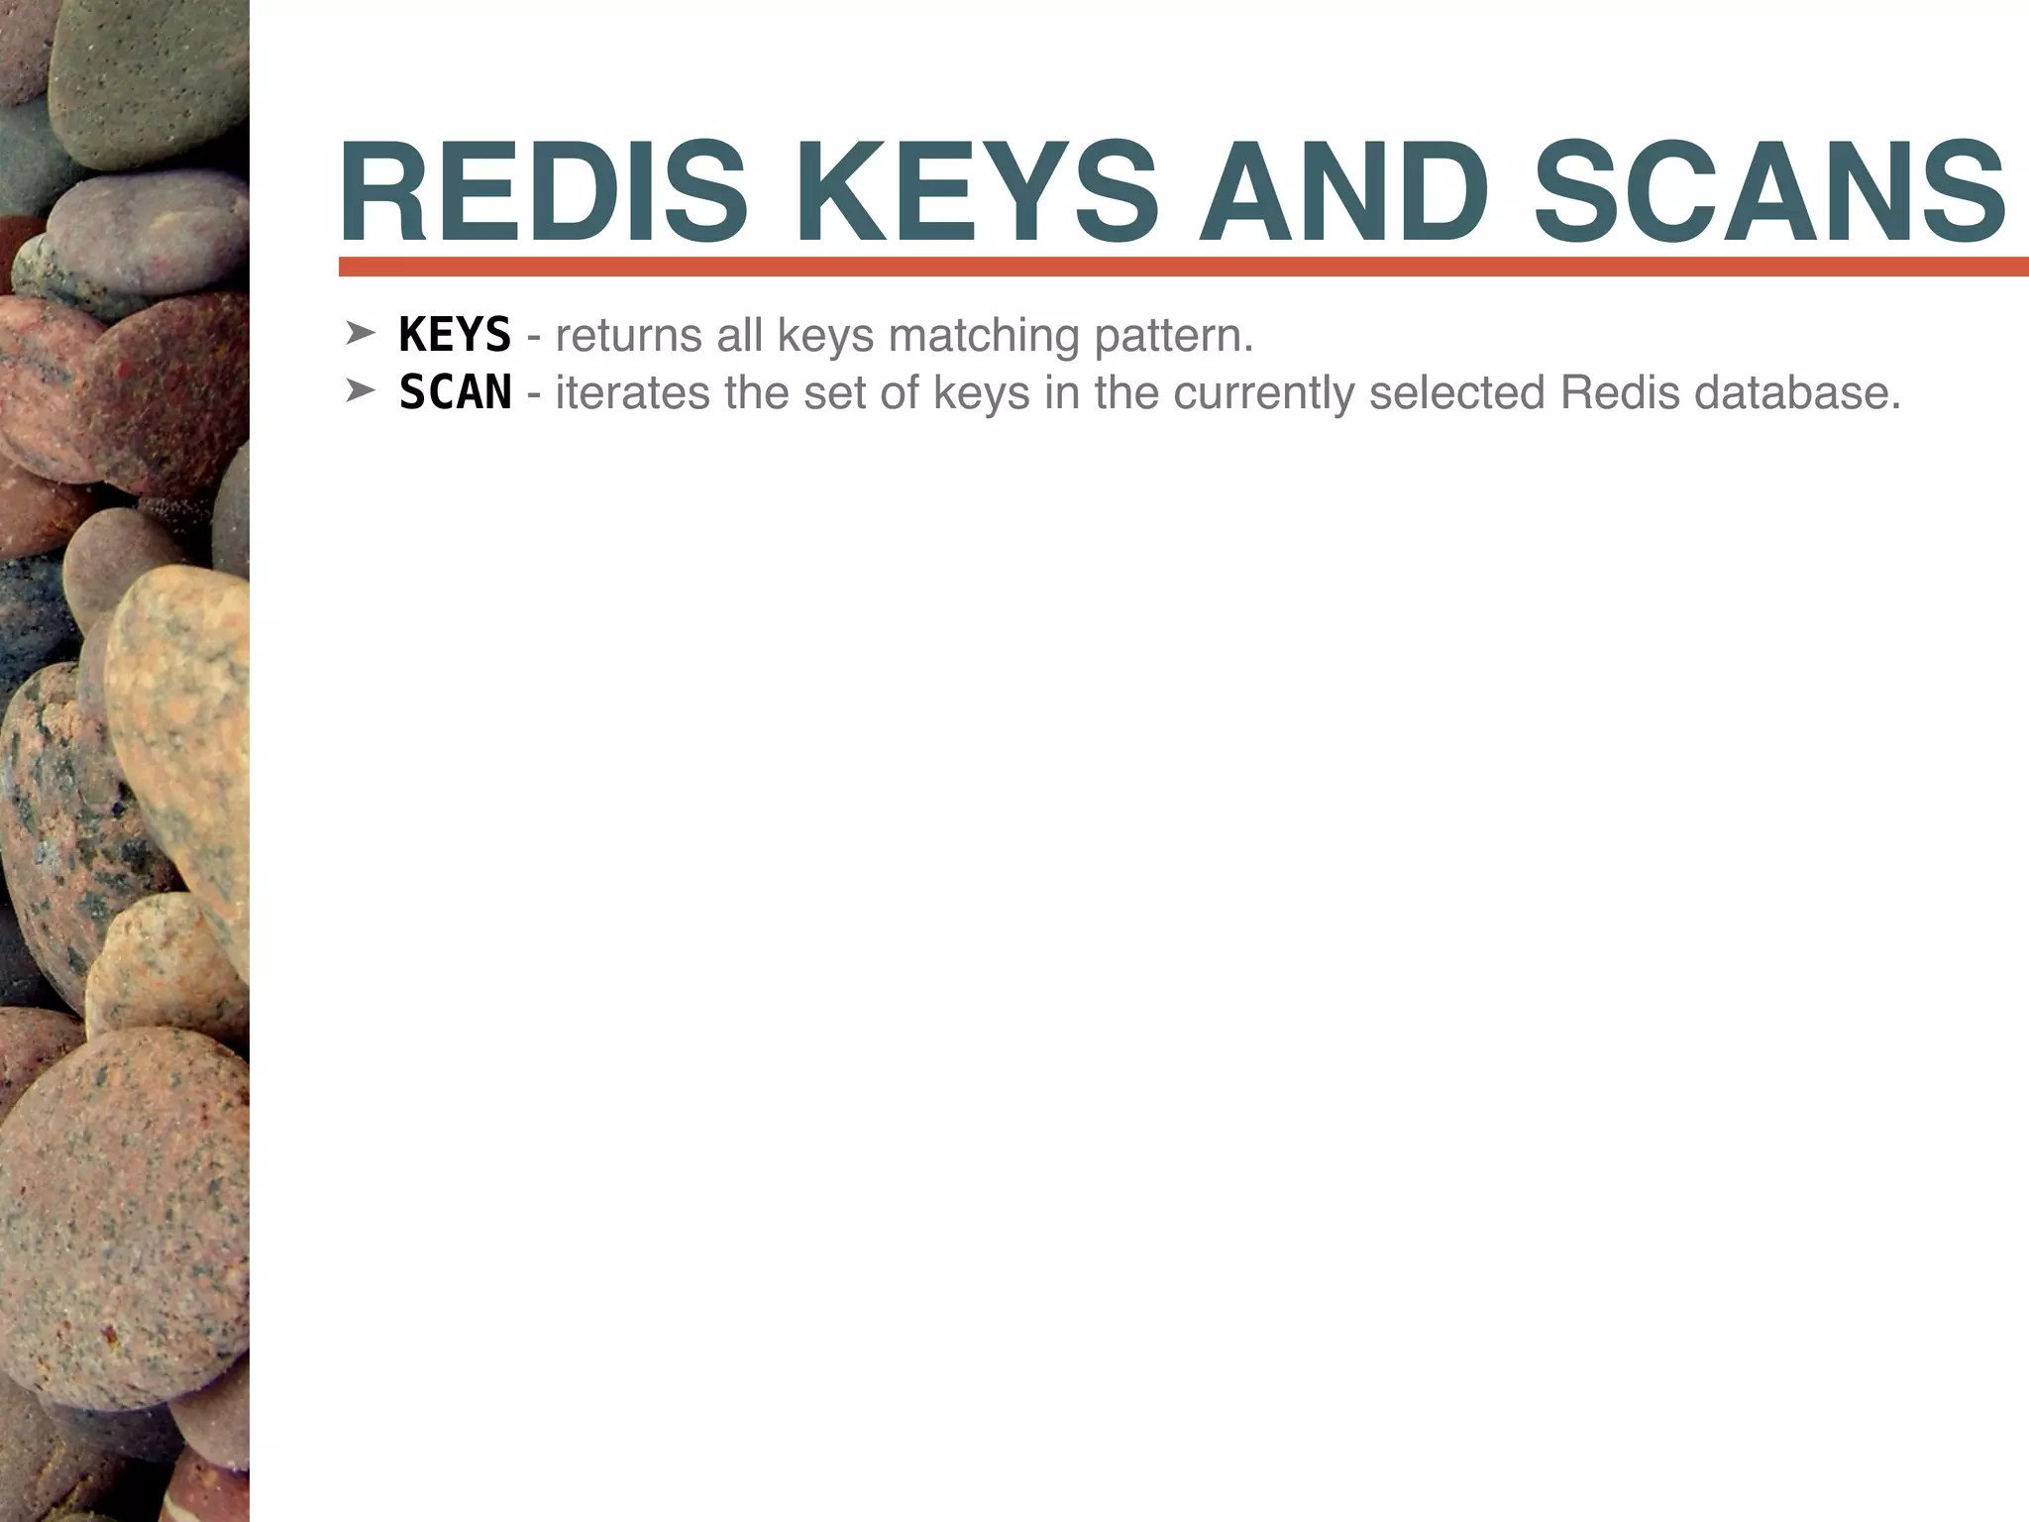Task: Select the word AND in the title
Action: pyautogui.click(x=1343, y=193)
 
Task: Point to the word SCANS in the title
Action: pyautogui.click(x=1769, y=193)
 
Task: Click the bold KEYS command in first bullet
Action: pyautogui.click(x=455, y=335)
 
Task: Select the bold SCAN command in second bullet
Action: pyautogui.click(x=455, y=392)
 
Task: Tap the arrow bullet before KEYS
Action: pyautogui.click(x=359, y=334)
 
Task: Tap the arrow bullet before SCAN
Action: pyautogui.click(x=359, y=391)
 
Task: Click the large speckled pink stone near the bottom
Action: pyautogui.click(x=124, y=1219)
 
